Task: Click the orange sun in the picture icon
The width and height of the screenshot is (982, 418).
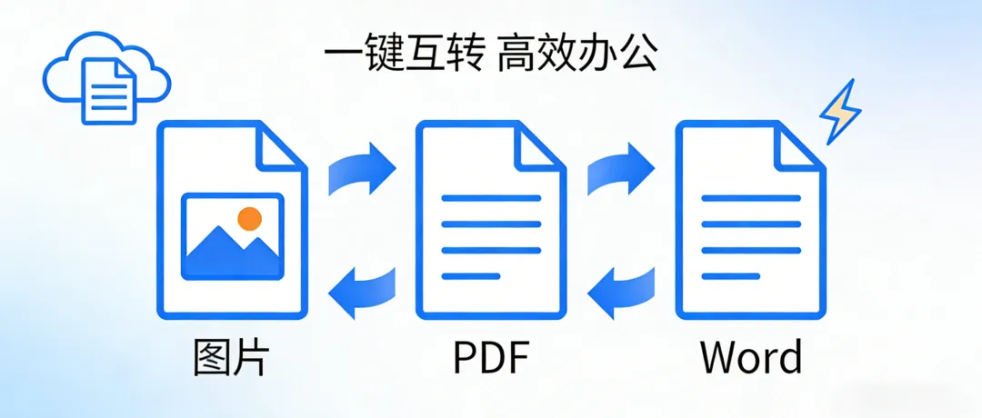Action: coord(248,218)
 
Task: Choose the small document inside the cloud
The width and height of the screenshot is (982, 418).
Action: coord(109,89)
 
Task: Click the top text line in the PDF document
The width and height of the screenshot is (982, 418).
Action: coord(491,198)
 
